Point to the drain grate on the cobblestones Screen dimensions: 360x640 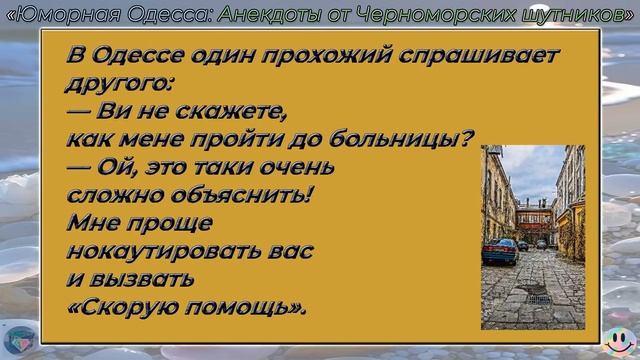538,298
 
